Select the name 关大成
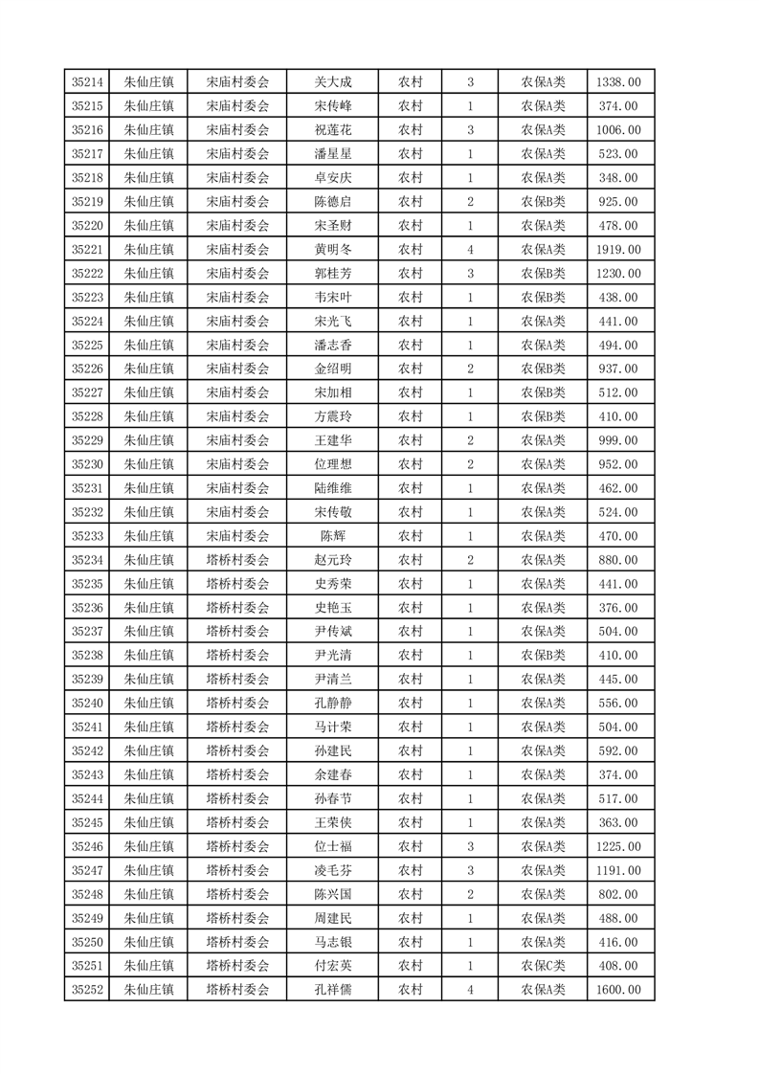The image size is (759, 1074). [332, 82]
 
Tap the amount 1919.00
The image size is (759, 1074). [618, 250]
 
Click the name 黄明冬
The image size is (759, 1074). [332, 250]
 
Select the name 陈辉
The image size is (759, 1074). [332, 536]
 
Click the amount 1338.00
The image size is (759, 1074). [618, 82]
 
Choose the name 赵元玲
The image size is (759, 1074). [332, 560]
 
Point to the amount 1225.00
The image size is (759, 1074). [618, 846]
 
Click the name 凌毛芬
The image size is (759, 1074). [332, 870]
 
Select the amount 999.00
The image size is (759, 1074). [618, 440]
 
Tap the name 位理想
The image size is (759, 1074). [332, 464]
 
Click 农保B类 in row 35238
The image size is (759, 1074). [543, 656]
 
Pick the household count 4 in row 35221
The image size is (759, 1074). [470, 250]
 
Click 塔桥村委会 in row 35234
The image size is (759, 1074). [238, 560]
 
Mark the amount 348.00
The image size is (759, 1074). [618, 178]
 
